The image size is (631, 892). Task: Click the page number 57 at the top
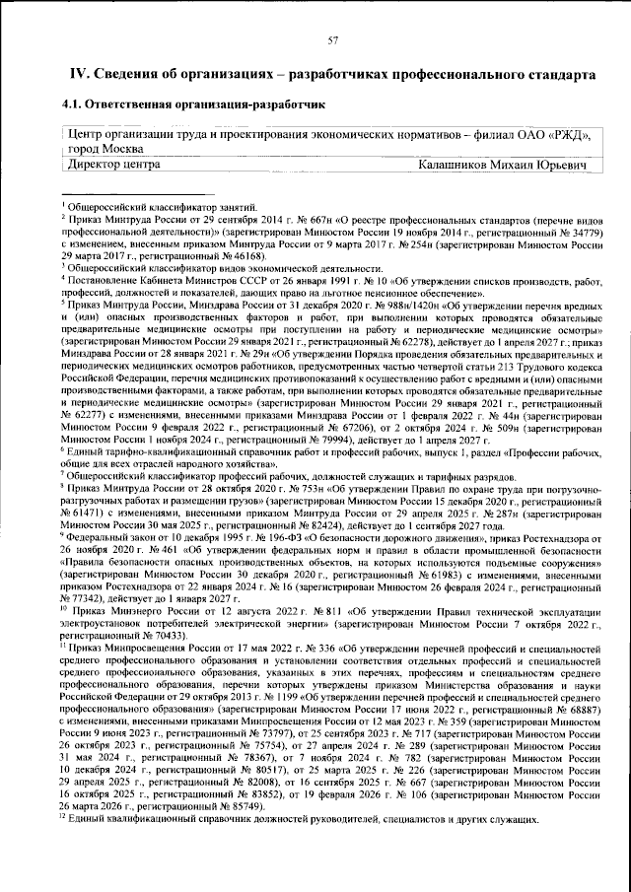pyautogui.click(x=333, y=38)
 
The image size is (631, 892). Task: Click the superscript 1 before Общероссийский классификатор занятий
pyautogui.click(x=62, y=203)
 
